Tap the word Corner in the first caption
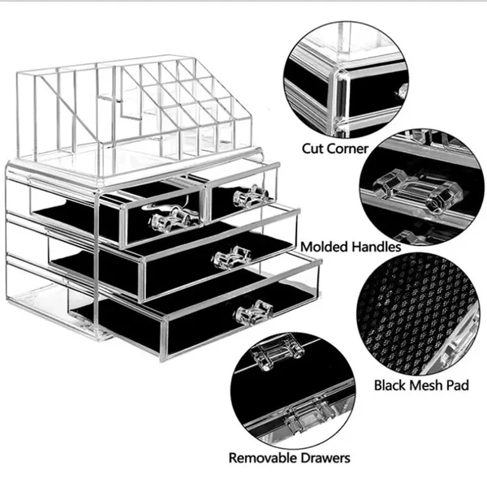347,149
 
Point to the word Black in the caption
393,384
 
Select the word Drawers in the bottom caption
328,459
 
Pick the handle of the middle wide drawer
232,257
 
